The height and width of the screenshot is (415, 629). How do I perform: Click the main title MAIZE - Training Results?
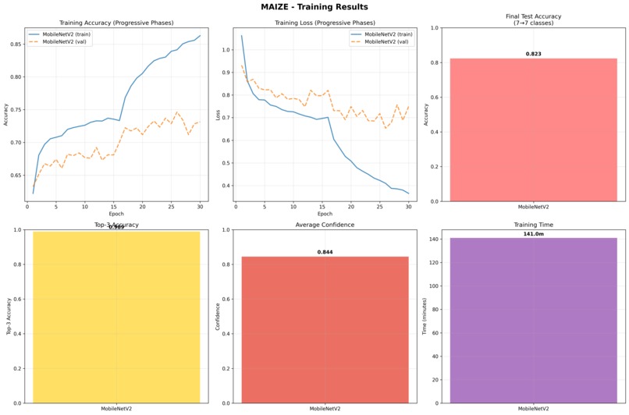tap(314, 7)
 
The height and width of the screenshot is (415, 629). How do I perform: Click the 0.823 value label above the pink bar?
tap(533, 54)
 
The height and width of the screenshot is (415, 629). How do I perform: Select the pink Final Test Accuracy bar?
tap(533, 129)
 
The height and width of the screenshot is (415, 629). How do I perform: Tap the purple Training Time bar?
tap(533, 320)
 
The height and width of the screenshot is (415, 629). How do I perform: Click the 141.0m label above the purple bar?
tap(533, 233)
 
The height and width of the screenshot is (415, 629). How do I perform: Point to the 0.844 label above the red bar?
tap(324, 252)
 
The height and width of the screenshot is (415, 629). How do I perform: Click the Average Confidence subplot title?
tap(324, 225)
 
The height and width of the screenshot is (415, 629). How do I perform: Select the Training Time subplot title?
tap(533, 225)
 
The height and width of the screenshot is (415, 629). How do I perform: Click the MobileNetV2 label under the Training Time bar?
tap(533, 408)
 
